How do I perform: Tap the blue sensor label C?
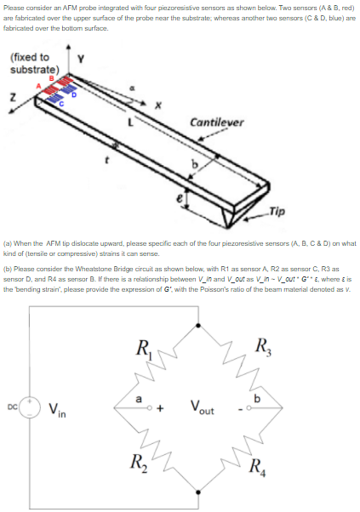pyautogui.click(x=71, y=105)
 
